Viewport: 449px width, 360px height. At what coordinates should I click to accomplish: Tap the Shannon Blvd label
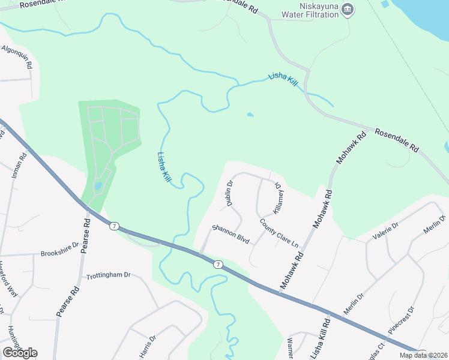[x=230, y=233]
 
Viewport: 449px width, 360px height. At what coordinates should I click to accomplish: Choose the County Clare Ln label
[x=279, y=233]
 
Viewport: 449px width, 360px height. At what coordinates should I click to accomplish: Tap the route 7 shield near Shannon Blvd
[x=218, y=264]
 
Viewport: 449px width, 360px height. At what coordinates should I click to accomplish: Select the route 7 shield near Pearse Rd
[x=113, y=226]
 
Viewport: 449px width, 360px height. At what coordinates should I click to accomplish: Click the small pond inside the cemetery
[x=98, y=186]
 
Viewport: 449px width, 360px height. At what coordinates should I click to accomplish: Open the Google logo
[x=20, y=353]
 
